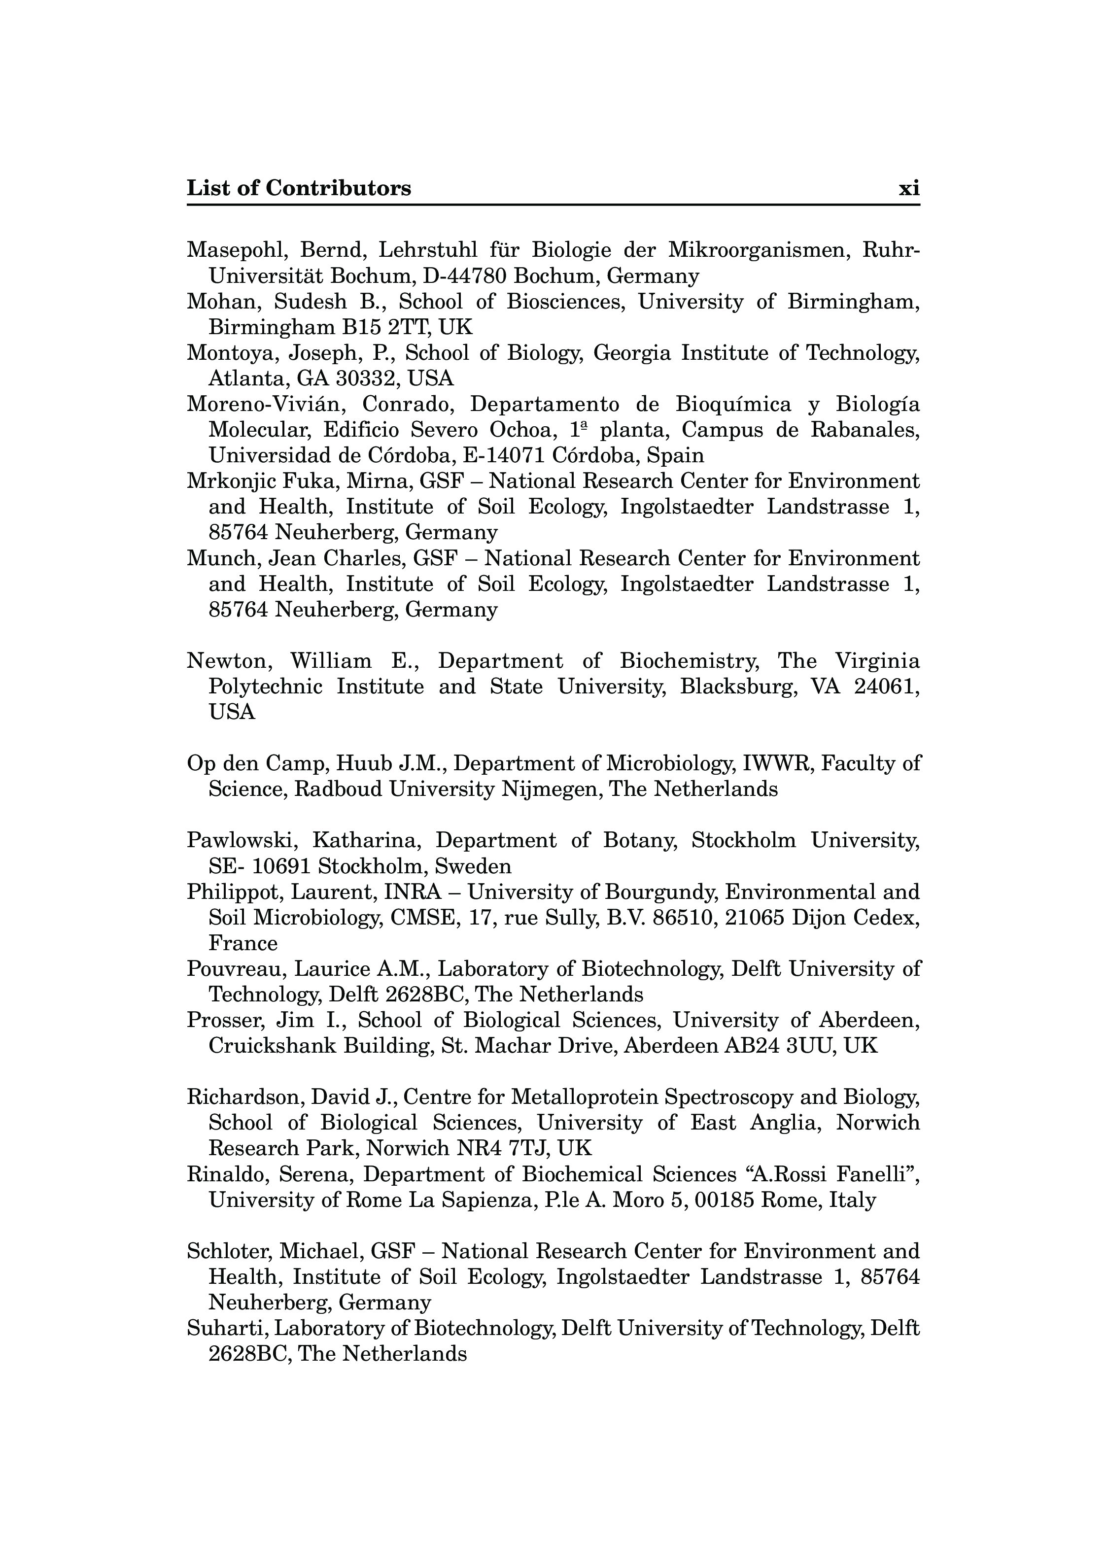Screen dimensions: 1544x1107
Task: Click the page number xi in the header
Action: (909, 188)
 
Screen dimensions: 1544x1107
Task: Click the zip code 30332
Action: (364, 378)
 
